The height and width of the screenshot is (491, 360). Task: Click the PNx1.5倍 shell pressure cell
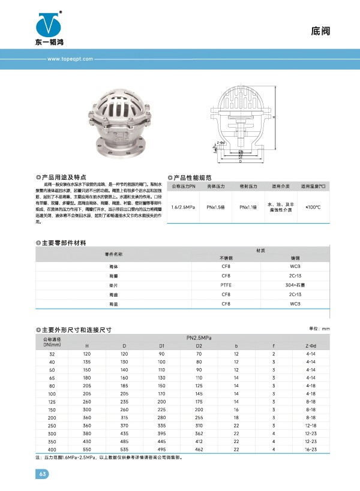[215, 207]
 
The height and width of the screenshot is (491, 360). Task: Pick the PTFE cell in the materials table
[226, 286]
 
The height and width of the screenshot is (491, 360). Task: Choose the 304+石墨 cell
[295, 286]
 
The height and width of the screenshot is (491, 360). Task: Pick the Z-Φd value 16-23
[311, 450]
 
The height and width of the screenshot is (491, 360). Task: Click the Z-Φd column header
[311, 347]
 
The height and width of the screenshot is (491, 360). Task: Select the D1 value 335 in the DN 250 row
[161, 424]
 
